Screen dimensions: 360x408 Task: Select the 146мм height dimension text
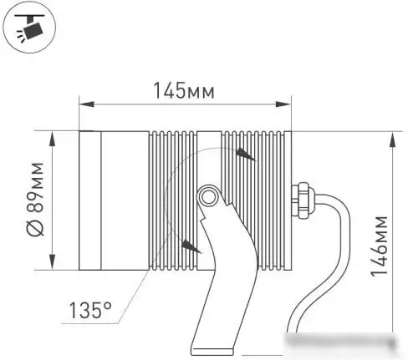380,246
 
